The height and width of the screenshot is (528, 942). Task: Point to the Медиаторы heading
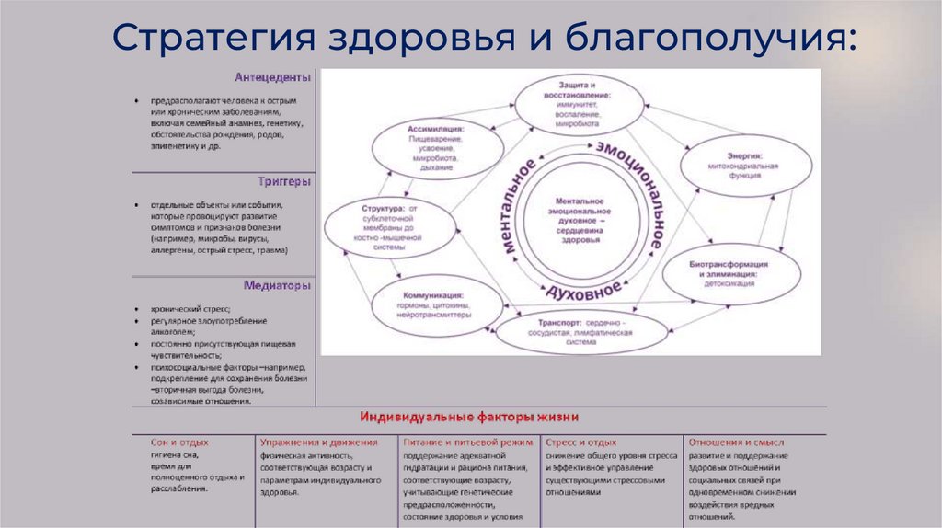click(x=277, y=285)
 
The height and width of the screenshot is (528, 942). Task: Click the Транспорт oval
click(x=580, y=332)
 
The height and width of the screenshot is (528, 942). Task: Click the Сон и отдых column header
click(x=179, y=442)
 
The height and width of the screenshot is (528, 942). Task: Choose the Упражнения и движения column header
click(x=306, y=442)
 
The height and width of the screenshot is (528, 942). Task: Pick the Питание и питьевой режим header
click(x=467, y=442)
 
